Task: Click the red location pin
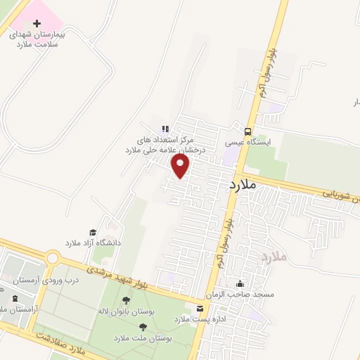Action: click(181, 166)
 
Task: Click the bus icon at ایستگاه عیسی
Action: click(247, 131)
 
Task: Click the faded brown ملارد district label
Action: click(274, 257)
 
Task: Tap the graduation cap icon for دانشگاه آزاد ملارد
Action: click(92, 232)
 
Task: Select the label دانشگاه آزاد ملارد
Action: click(94, 243)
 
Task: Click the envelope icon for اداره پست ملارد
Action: click(201, 309)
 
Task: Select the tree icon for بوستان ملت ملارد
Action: click(143, 327)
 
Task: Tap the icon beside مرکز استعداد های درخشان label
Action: click(165, 129)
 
